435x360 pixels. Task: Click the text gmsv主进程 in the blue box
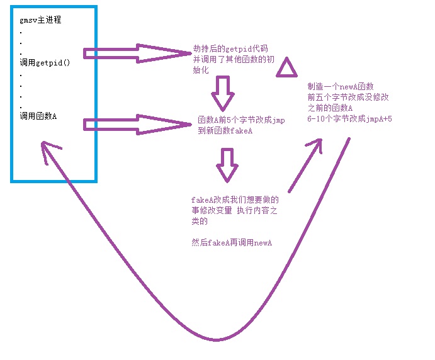coord(40,20)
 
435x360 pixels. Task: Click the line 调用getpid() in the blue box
coord(45,62)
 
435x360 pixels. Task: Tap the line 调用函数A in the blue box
coord(38,115)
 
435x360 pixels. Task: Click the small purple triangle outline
coord(286,67)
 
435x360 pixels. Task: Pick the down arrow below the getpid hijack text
coord(223,93)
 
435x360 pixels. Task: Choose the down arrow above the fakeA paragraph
coord(227,165)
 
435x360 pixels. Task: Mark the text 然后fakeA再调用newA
coord(227,242)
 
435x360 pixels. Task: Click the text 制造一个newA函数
coord(341,86)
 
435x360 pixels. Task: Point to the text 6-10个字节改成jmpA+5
coord(349,118)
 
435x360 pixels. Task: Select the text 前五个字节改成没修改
coord(347,97)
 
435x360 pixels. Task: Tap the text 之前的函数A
coord(330,108)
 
